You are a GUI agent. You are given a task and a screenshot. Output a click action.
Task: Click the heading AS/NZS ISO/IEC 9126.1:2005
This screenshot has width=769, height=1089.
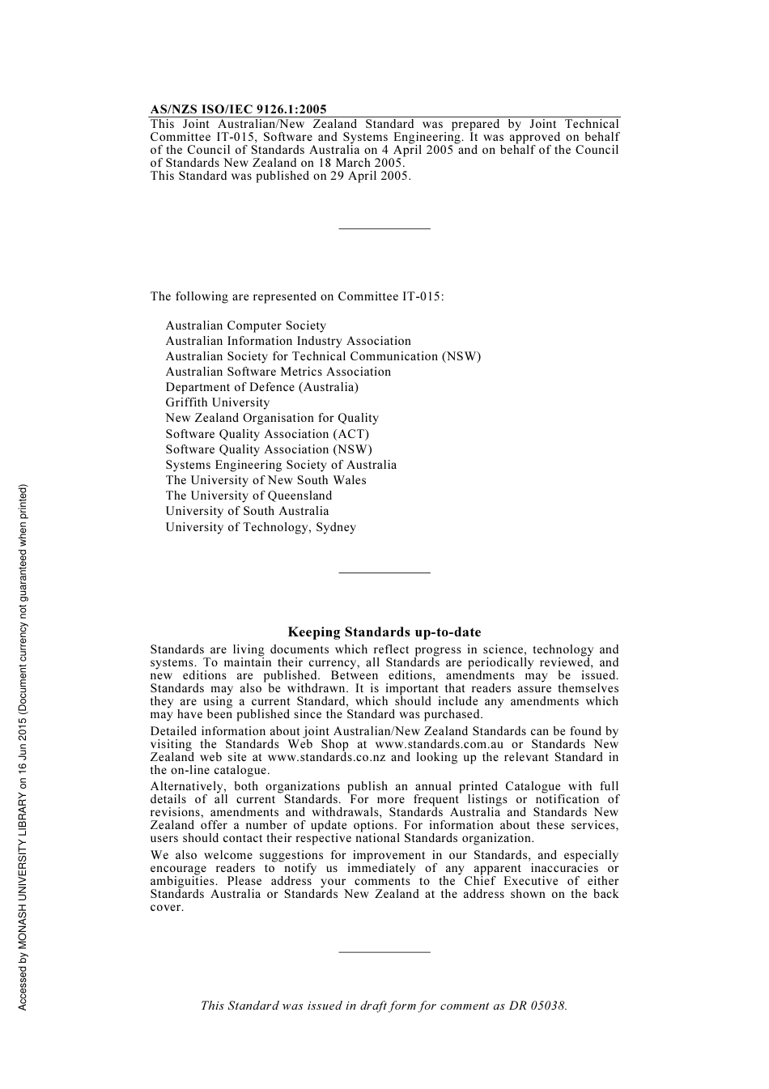pyautogui.click(x=238, y=109)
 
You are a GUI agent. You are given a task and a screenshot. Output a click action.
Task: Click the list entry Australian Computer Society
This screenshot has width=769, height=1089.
pyautogui.click(x=245, y=325)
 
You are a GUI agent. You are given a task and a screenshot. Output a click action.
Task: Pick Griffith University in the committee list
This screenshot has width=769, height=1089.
pyautogui.click(x=217, y=402)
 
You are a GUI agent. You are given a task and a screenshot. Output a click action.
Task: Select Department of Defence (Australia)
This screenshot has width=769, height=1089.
pyautogui.click(x=261, y=387)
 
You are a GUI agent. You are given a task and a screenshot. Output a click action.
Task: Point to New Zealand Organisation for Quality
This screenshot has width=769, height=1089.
pyautogui.click(x=272, y=418)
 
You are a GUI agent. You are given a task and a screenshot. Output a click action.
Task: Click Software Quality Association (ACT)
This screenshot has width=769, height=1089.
pyautogui.click(x=267, y=434)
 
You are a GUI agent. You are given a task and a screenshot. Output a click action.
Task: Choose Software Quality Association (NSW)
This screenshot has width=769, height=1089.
pyautogui.click(x=269, y=449)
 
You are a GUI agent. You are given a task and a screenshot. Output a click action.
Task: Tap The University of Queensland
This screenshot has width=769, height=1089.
pyautogui.click(x=249, y=496)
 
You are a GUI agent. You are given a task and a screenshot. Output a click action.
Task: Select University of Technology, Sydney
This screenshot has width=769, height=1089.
pyautogui.click(x=261, y=527)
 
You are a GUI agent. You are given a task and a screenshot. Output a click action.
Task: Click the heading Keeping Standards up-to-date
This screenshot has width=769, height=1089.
pyautogui.click(x=384, y=632)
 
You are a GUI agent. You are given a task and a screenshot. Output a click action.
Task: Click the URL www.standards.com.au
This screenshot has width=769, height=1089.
pyautogui.click(x=439, y=744)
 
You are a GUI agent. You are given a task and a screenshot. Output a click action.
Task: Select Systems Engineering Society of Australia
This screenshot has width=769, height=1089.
pyautogui.click(x=281, y=465)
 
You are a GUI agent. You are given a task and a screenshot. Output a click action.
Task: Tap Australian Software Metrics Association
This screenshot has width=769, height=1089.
pyautogui.click(x=278, y=372)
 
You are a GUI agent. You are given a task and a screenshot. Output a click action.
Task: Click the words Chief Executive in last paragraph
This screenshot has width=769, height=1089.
pyautogui.click(x=511, y=881)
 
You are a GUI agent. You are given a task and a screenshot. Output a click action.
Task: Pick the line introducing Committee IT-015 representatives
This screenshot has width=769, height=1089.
pyautogui.click(x=296, y=296)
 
